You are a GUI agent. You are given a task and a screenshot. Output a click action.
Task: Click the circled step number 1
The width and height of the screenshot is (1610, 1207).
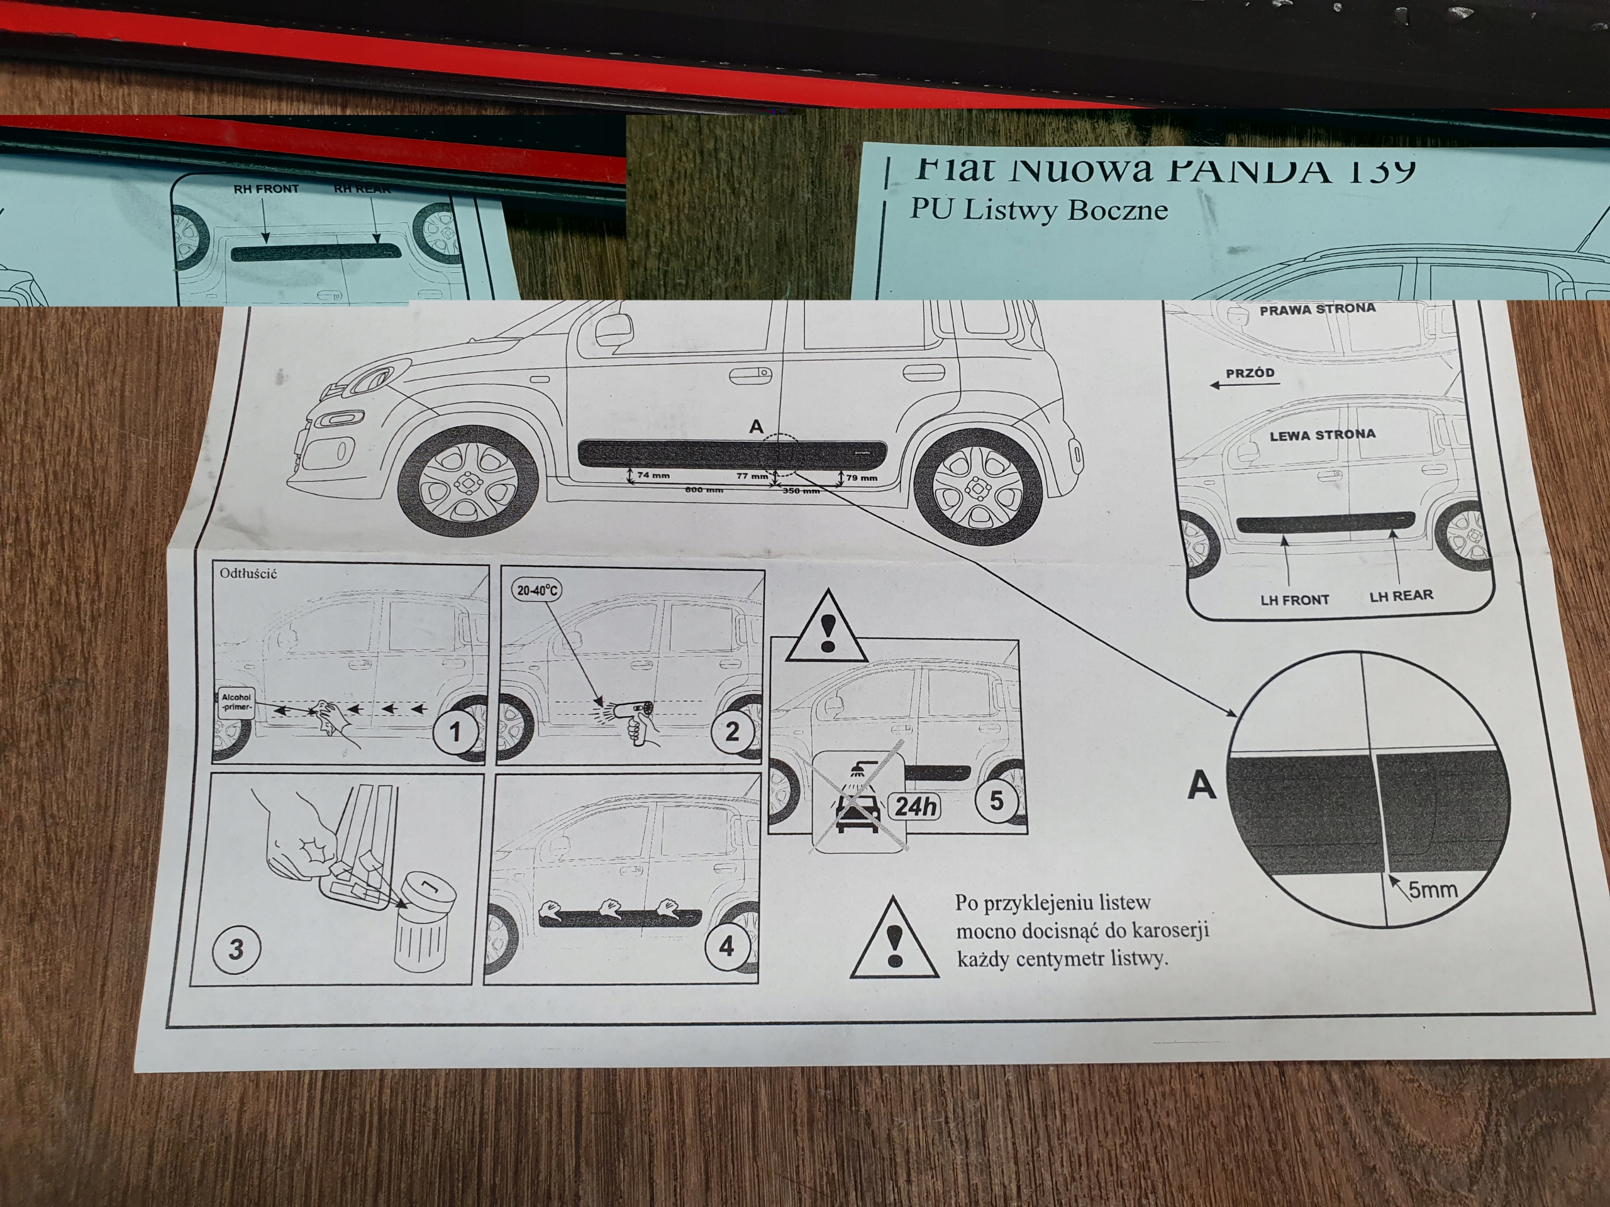coord(455,731)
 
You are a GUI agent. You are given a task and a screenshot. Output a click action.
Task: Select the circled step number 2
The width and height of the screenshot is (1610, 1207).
coord(732,730)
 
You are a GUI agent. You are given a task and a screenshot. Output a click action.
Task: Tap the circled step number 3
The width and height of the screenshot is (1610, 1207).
coord(236,949)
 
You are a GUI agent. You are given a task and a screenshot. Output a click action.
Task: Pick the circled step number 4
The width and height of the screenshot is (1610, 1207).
coord(726,947)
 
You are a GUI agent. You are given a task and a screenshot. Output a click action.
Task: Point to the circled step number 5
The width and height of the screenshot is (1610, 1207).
coord(996,800)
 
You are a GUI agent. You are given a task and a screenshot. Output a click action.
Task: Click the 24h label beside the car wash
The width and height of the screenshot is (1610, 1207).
coord(916,807)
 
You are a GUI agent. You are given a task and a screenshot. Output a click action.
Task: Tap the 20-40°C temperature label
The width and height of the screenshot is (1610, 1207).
coord(537,590)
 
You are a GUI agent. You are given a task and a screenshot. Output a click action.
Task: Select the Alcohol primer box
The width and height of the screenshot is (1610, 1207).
coord(236,702)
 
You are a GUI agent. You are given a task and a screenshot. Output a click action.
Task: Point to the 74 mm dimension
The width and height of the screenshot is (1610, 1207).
coord(653,476)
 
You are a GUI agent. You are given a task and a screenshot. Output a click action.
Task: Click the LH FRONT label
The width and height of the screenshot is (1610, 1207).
coord(1295,600)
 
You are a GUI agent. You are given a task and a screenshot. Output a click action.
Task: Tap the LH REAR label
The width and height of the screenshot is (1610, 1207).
coord(1401,596)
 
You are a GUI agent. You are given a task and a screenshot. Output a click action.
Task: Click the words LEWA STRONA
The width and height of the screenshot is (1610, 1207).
coord(1323,435)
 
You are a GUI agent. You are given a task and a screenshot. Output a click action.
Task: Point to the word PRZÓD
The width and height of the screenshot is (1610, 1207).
coord(1250,373)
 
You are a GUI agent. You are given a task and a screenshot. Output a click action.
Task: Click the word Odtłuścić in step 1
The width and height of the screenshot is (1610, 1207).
coord(248,573)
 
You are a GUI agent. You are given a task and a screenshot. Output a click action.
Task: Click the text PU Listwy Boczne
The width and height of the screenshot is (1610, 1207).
coord(1039,210)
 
